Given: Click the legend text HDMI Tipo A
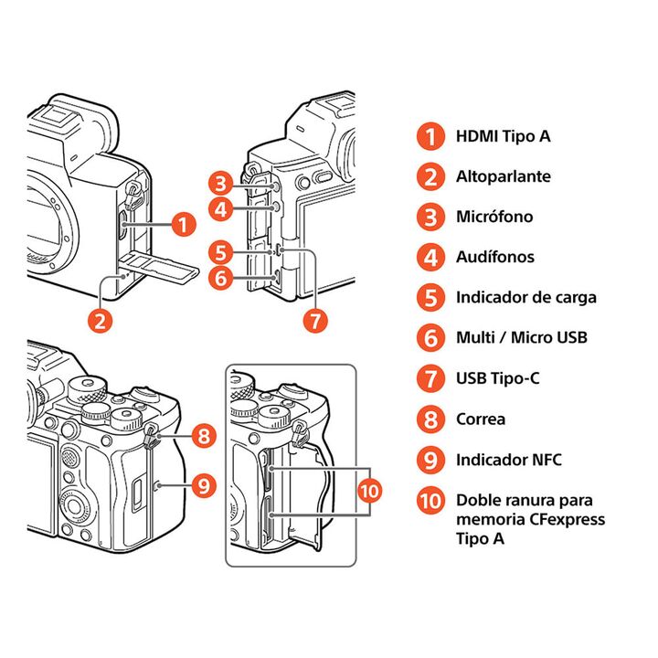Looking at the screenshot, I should pyautogui.click(x=503, y=136).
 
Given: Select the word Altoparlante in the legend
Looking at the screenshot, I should pyautogui.click(x=504, y=176).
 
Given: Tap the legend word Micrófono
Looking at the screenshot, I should pyautogui.click(x=494, y=217).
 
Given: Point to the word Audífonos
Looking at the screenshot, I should pyautogui.click(x=495, y=257).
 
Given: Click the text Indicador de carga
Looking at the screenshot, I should pyautogui.click(x=526, y=297).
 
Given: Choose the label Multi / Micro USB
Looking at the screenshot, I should pyautogui.click(x=522, y=337).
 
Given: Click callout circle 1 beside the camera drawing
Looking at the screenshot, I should pyautogui.click(x=184, y=224).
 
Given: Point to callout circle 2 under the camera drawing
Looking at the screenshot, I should pyautogui.click(x=101, y=320).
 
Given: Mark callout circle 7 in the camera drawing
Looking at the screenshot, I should pyautogui.click(x=314, y=320).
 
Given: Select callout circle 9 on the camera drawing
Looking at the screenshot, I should pyautogui.click(x=205, y=483).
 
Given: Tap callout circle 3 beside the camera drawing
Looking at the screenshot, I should pyautogui.click(x=220, y=183).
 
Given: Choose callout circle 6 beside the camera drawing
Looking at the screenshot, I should pyautogui.click(x=220, y=278).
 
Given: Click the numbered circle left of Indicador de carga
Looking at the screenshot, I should pyautogui.click(x=429, y=297).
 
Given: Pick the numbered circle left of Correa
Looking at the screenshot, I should pyautogui.click(x=429, y=419).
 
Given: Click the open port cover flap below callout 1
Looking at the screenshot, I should pyautogui.click(x=164, y=267).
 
